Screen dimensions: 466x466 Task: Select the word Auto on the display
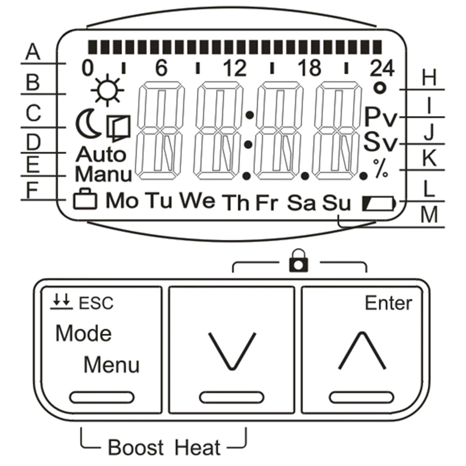click(101, 154)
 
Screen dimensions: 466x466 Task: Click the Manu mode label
click(103, 174)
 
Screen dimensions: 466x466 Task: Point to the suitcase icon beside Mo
click(85, 199)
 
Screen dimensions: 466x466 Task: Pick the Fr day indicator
click(267, 203)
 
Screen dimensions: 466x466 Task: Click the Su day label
click(337, 203)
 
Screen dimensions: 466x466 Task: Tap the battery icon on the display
click(379, 203)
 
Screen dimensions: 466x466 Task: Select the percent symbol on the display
click(381, 168)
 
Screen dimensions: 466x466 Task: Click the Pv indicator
click(380, 117)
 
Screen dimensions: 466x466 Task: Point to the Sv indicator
click(380, 142)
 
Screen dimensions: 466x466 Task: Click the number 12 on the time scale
click(235, 68)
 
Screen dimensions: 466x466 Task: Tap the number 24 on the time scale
click(382, 68)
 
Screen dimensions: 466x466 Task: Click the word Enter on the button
click(389, 303)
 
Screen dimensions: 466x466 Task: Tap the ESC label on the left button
click(96, 303)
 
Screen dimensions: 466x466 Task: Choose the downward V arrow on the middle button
click(232, 351)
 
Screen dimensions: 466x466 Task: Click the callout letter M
click(429, 214)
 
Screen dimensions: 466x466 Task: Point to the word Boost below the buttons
click(136, 447)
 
